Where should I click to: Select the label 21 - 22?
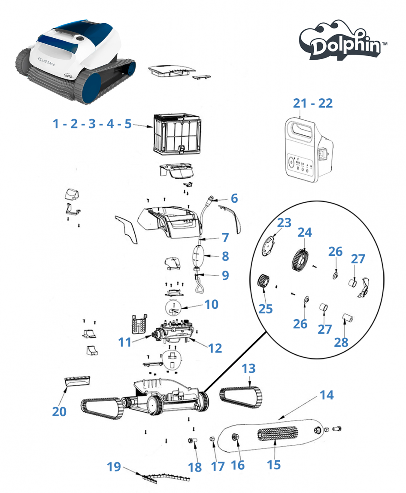point(313,103)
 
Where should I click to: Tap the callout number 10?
point(211,304)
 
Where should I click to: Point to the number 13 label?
point(248,368)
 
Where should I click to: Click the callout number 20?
point(59,411)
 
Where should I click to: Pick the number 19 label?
point(114,467)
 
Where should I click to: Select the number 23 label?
point(284,222)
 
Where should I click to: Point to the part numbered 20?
point(78,380)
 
